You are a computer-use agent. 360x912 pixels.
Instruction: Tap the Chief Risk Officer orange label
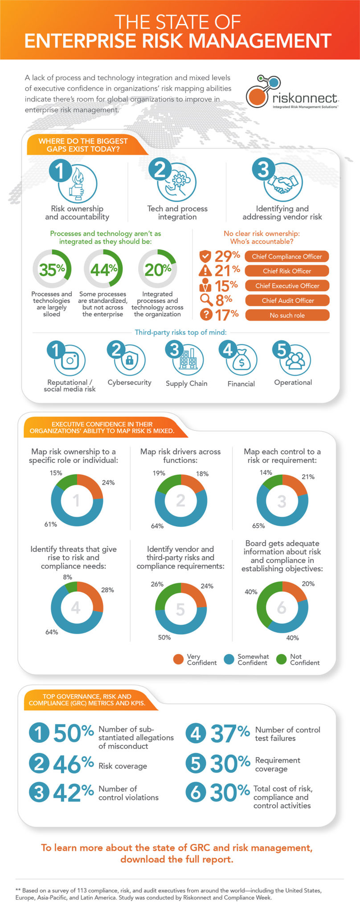[287, 271]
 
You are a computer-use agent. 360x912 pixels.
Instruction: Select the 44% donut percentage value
[103, 269]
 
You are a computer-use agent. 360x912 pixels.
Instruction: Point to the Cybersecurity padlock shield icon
[130, 360]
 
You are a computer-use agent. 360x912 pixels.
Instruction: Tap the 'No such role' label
[287, 315]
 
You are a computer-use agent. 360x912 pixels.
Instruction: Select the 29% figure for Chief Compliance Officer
[227, 256]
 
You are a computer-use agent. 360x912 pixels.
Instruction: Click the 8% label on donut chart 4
[67, 577]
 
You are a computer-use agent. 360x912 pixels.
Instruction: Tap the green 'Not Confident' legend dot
[281, 659]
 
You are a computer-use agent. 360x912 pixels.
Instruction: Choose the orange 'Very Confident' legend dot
[178, 659]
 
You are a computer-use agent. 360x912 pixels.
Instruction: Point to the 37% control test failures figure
[229, 733]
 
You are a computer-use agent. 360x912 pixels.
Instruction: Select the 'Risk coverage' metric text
[123, 766]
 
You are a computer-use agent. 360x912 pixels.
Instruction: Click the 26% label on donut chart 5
[157, 584]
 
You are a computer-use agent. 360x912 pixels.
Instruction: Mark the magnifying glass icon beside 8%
[205, 300]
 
